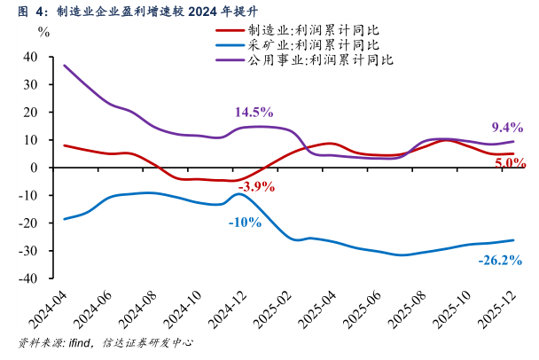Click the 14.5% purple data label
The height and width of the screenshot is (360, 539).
pos(254,113)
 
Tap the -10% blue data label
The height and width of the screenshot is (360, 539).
pos(244,222)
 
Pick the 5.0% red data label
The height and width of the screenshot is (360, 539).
pos(510,162)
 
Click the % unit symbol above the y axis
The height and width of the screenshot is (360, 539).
pos(44,30)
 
